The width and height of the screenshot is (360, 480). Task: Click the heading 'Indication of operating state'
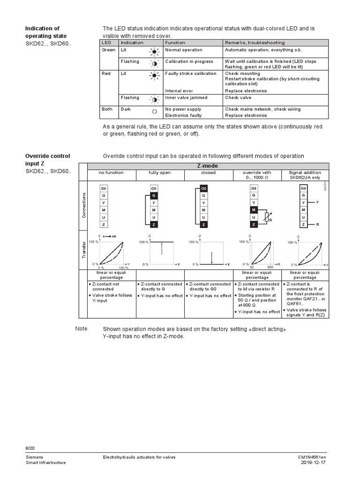[45, 32]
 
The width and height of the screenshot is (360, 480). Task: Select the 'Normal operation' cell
[184, 50]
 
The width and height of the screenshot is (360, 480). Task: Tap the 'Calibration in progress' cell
[189, 61]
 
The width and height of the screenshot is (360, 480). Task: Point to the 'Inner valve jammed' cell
[186, 97]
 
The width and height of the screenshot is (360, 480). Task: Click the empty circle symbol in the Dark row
[154, 112]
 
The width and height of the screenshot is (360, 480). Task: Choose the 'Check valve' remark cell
[238, 97]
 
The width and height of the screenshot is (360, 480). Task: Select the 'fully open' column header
[160, 172]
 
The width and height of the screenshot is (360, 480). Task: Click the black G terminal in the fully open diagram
[154, 195]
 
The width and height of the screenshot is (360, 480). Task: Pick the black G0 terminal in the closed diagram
[203, 188]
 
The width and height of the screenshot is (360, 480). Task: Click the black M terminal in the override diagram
[254, 210]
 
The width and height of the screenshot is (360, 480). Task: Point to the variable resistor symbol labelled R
[268, 217]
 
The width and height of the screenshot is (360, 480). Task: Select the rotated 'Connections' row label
[83, 206]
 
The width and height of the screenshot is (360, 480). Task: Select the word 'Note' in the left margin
[81, 329]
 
